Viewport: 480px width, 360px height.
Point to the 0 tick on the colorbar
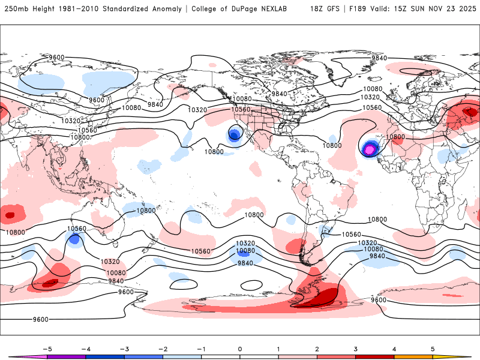pos(240,348)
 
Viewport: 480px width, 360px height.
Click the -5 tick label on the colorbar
pos(47,348)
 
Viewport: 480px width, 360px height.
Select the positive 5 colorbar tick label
pos(433,348)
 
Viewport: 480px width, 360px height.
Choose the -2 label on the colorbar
pos(163,348)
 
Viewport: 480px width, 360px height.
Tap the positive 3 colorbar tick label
pos(356,348)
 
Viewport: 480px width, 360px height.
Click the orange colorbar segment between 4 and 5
pos(413,356)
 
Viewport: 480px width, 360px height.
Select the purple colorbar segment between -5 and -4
pos(67,356)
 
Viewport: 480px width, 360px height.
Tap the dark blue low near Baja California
pos(234,135)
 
